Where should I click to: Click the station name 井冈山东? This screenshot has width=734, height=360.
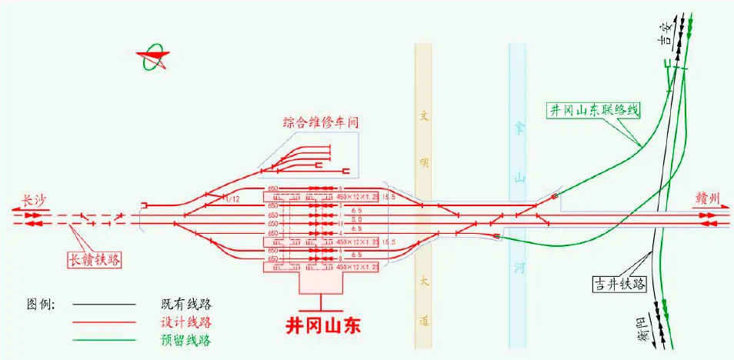323,325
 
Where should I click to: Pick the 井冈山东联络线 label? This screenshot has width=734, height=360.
593,110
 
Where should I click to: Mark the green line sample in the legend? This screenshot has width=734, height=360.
108,339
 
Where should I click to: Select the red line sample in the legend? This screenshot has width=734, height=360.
108,322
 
